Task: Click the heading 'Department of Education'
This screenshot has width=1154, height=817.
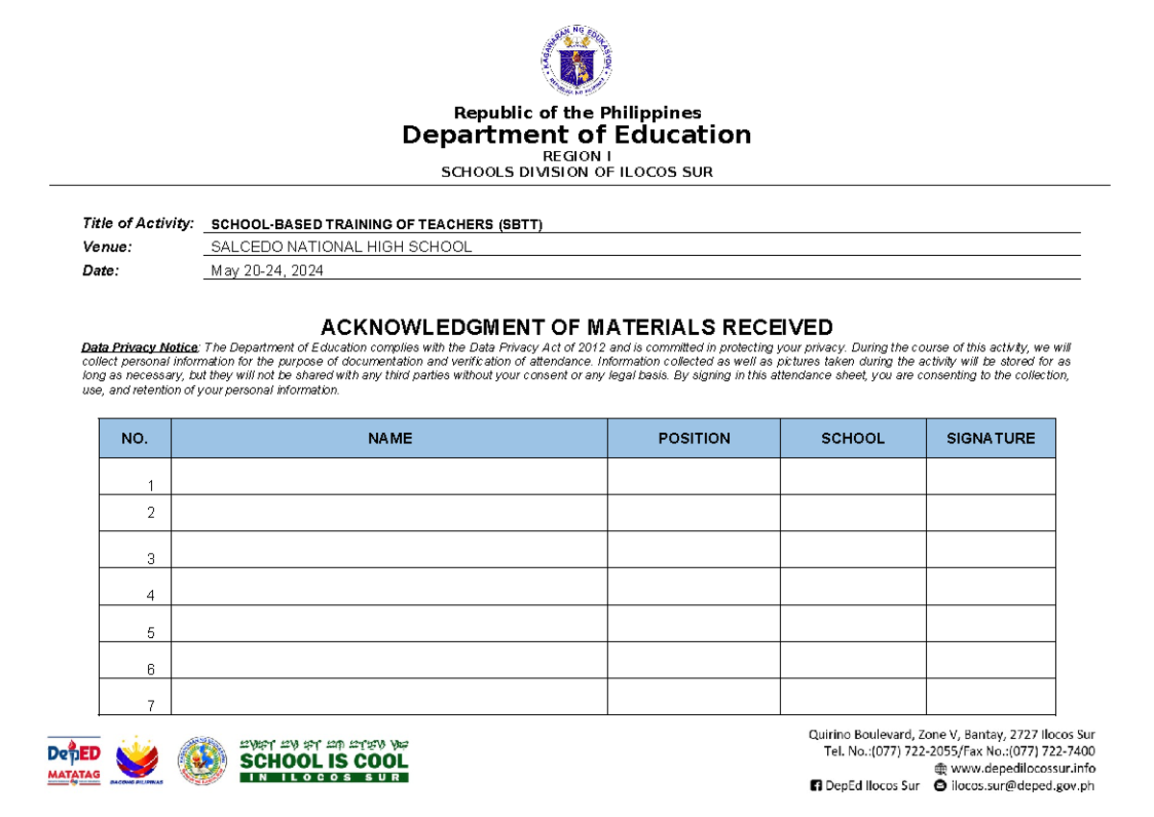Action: click(577, 135)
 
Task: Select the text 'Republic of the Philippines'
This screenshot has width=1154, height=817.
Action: click(577, 113)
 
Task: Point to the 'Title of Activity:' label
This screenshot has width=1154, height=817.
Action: click(138, 223)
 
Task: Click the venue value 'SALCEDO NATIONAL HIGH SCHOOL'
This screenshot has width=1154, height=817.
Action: click(341, 246)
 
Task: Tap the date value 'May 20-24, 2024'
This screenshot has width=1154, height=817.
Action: click(267, 271)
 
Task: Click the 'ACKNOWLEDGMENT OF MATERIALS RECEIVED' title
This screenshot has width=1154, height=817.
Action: click(577, 327)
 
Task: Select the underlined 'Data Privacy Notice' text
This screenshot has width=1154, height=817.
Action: click(139, 346)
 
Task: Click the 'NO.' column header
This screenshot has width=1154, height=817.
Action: click(135, 438)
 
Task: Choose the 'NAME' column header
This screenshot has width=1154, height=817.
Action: click(389, 438)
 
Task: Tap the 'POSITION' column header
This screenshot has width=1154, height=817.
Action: click(693, 438)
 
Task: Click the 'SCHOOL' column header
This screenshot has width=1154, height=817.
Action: click(852, 438)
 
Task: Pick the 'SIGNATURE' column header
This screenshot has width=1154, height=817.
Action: click(991, 438)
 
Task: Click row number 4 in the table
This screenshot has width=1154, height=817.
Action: click(151, 596)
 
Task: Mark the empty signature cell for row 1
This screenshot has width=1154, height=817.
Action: click(991, 476)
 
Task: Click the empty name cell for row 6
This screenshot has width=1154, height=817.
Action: click(389, 660)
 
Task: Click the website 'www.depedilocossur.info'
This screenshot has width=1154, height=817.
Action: click(1023, 768)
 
